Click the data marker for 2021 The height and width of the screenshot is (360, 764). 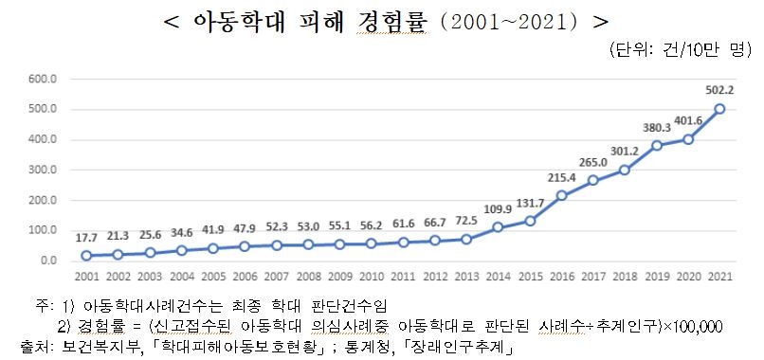pyautogui.click(x=719, y=109)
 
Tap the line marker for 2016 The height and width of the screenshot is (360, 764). pyautogui.click(x=561, y=195)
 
